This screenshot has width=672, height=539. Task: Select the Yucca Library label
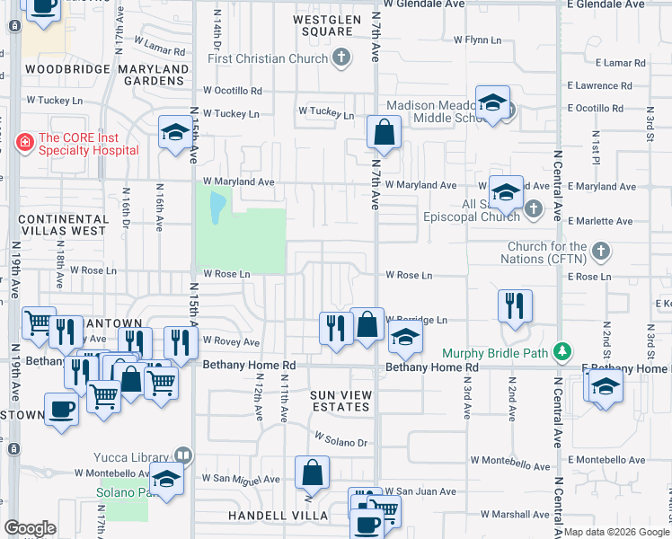point(137,456)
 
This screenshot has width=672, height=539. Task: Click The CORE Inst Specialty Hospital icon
point(25,141)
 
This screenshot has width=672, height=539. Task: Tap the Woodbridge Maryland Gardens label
point(107,75)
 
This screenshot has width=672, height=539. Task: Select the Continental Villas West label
point(62,225)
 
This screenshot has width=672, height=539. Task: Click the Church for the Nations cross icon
point(601,249)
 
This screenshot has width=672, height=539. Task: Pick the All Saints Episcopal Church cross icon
point(534,209)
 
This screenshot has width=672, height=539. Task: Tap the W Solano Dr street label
point(341,440)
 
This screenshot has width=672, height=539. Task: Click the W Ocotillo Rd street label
point(232,91)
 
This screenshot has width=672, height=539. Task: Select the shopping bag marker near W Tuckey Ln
point(384,134)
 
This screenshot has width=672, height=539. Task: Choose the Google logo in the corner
point(31,528)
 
